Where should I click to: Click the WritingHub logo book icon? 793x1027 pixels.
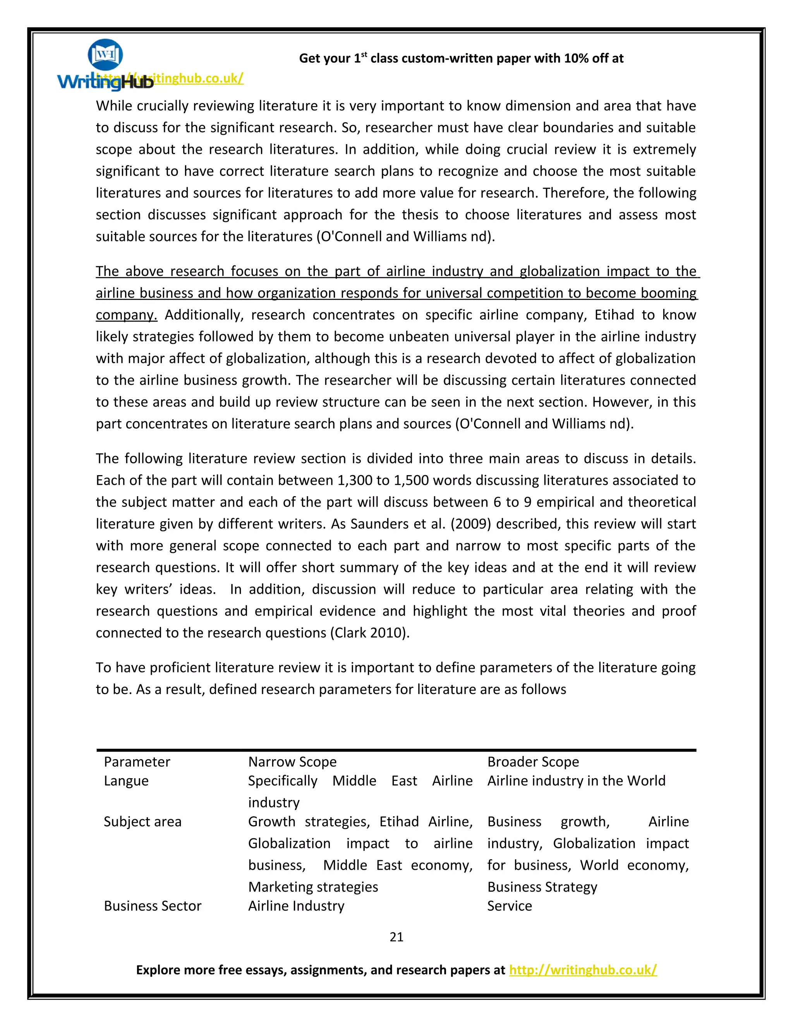click(105, 55)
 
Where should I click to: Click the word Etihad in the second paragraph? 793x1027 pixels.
click(614, 315)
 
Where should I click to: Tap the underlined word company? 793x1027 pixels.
click(126, 315)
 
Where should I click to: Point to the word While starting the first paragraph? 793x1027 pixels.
click(114, 106)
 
